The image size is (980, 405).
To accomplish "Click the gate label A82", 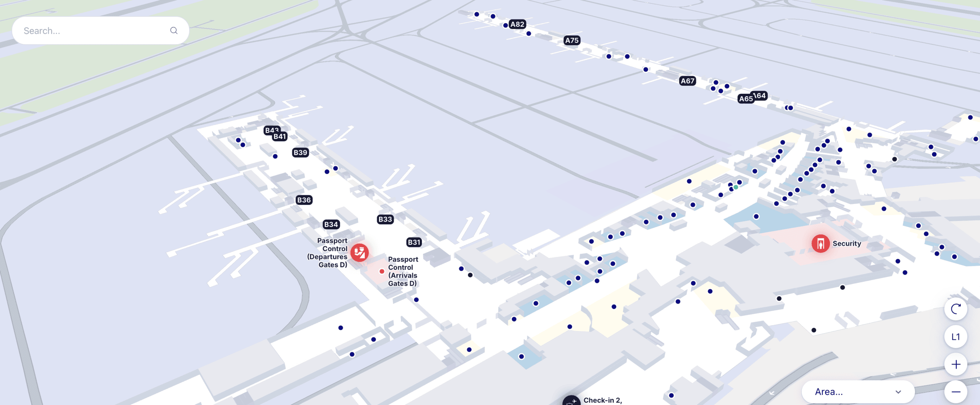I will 517,24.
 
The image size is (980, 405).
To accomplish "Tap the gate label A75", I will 572,41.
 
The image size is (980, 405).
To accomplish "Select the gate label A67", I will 688,81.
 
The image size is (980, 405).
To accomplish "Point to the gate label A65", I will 745,99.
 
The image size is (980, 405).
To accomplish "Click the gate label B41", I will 280,137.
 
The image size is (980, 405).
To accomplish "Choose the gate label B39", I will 300,153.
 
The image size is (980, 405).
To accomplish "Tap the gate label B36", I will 304,200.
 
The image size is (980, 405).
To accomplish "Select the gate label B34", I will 331,225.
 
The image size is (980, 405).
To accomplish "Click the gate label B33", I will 385,219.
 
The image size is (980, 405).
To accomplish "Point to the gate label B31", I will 414,242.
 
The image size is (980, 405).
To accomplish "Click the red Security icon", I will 820,244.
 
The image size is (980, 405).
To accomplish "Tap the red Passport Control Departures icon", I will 359,253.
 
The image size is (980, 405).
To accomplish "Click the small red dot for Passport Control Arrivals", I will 382,271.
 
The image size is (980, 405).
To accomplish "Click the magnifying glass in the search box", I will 174,31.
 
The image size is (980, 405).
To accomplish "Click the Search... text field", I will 92,31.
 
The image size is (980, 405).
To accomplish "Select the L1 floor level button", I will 955,337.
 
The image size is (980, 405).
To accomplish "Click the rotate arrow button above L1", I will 955,309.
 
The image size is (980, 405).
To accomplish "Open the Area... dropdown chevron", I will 898,392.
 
